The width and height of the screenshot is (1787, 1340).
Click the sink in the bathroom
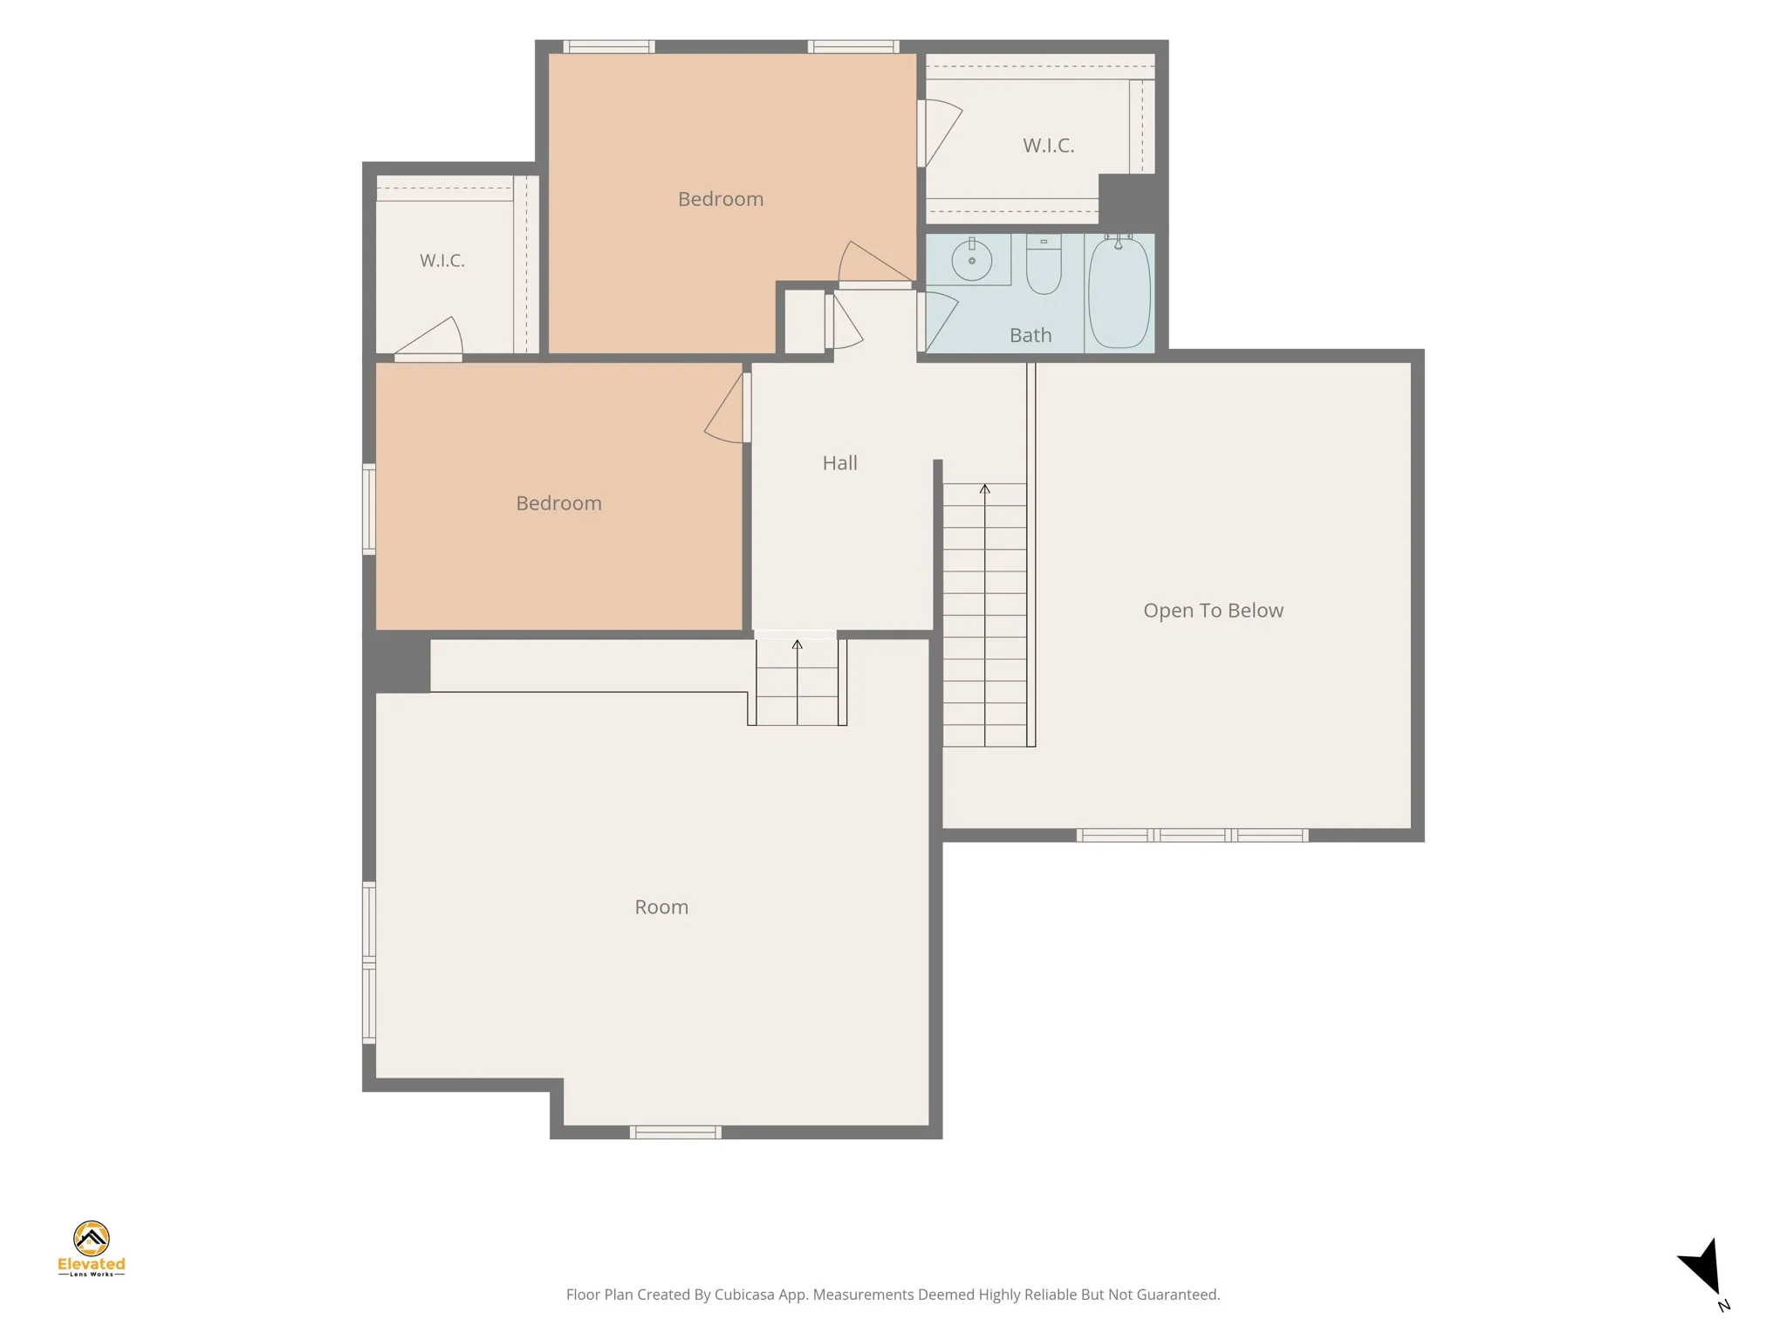[x=971, y=259]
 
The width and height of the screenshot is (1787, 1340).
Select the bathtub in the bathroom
[x=1119, y=292]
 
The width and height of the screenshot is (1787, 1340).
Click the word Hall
[x=839, y=463]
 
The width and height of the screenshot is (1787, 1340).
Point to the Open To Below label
[x=1213, y=611]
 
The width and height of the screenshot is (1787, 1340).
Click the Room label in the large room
[x=661, y=907]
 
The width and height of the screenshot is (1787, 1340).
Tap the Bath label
[x=1030, y=335]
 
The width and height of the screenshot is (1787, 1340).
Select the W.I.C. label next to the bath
[x=1048, y=146]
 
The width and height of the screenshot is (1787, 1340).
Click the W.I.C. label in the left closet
[x=442, y=261]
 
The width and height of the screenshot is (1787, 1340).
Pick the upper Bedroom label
[x=721, y=199]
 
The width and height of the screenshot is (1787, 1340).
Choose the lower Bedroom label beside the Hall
[x=558, y=503]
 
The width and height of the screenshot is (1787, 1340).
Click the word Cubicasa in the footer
[x=746, y=1295]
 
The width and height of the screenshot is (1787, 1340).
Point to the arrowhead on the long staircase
[x=985, y=489]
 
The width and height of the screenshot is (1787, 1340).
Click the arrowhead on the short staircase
[x=797, y=645]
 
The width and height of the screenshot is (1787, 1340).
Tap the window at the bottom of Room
[x=675, y=1132]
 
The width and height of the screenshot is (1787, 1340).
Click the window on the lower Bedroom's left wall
[x=369, y=509]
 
